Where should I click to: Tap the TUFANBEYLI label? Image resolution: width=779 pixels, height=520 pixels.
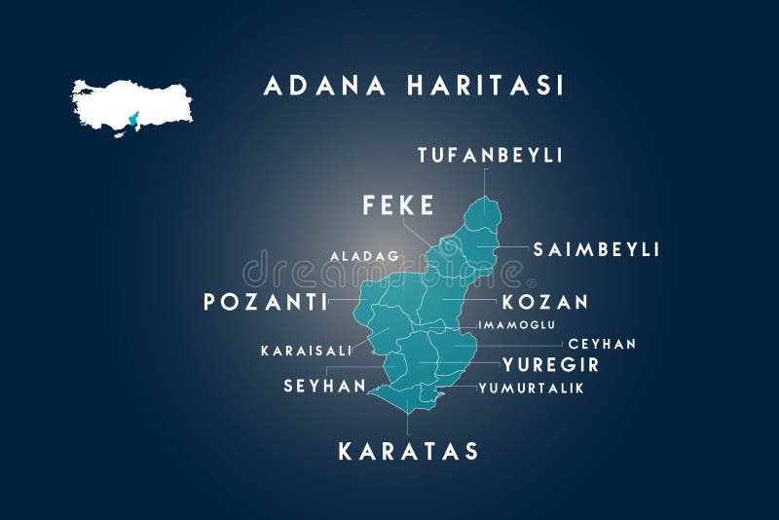coord(490,155)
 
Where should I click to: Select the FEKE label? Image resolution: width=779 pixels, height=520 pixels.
coord(398,205)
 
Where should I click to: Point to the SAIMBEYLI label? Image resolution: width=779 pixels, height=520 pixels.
coord(596,250)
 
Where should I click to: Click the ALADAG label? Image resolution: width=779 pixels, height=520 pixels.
coord(364,256)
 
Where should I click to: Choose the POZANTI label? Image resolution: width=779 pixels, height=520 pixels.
coord(265,303)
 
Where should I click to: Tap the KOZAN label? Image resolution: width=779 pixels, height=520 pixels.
coord(545,303)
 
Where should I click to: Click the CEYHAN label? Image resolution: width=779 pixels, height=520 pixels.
coord(602,344)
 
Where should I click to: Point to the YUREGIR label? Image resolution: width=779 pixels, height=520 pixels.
coord(550,366)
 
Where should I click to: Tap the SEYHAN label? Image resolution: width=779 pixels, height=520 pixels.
coord(324,387)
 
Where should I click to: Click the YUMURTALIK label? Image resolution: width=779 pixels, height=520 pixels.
coord(531,388)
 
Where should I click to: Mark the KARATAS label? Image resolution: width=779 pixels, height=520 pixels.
coord(408,452)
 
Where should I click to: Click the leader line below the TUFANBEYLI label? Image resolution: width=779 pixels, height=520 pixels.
coord(484,183)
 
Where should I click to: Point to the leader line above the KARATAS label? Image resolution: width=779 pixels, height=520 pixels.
coord(407,424)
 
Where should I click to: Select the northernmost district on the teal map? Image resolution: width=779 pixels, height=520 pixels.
coord(482,214)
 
